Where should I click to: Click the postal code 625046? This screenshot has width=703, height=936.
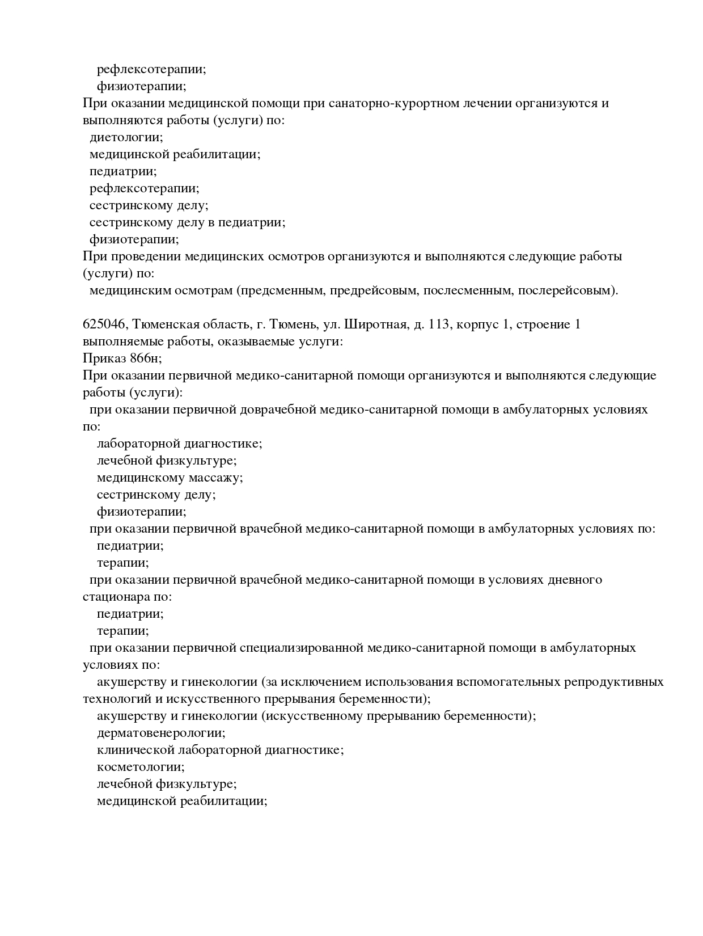click(105, 324)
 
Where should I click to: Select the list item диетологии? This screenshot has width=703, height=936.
click(126, 137)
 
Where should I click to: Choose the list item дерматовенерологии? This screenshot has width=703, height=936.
click(161, 733)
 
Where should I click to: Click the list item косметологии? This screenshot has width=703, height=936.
click(141, 767)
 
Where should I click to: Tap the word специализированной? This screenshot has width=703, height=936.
click(301, 648)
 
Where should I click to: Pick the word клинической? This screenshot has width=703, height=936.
click(134, 750)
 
